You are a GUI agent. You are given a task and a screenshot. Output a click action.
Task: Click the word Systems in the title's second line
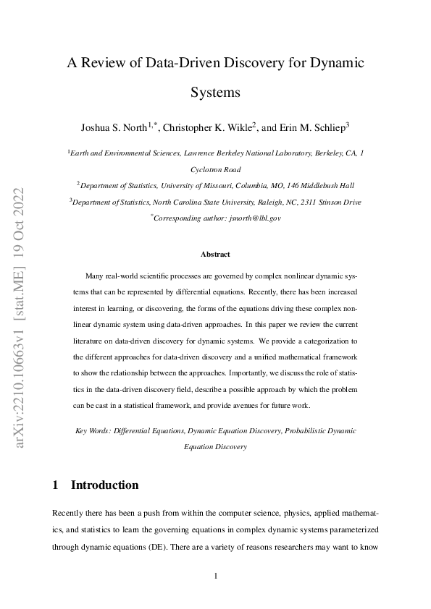[x=215, y=93]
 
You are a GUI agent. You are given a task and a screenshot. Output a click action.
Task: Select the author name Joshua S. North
[x=114, y=128]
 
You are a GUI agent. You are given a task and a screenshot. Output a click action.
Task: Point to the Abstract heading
[x=215, y=255]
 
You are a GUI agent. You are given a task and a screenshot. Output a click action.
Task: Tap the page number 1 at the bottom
[x=215, y=576]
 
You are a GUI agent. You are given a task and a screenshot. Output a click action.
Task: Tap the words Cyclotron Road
[x=215, y=169]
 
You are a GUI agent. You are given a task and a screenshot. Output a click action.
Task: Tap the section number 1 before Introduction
[x=56, y=485]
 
